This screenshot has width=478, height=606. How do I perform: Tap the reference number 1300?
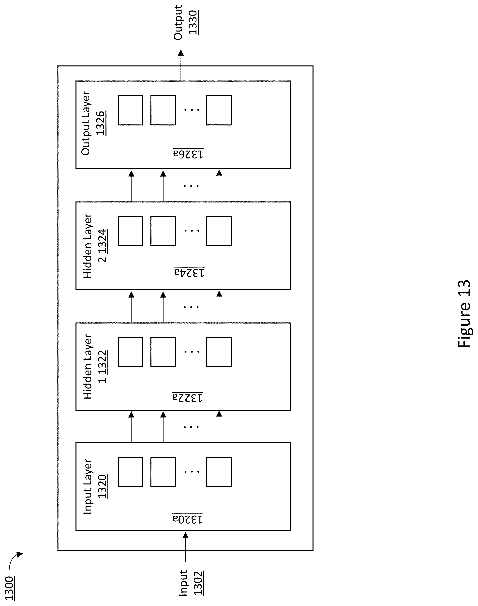click(10, 588)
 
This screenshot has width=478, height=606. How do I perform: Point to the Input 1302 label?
click(191, 582)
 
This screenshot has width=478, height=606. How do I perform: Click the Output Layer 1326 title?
click(93, 123)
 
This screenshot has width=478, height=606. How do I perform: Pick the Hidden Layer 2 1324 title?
click(95, 246)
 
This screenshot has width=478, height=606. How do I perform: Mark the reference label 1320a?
click(188, 519)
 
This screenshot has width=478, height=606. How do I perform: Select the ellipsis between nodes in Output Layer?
click(192, 110)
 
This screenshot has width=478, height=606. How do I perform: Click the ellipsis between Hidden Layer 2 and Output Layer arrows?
click(191, 186)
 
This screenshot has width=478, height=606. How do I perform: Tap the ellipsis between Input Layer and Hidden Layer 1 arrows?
click(191, 427)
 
